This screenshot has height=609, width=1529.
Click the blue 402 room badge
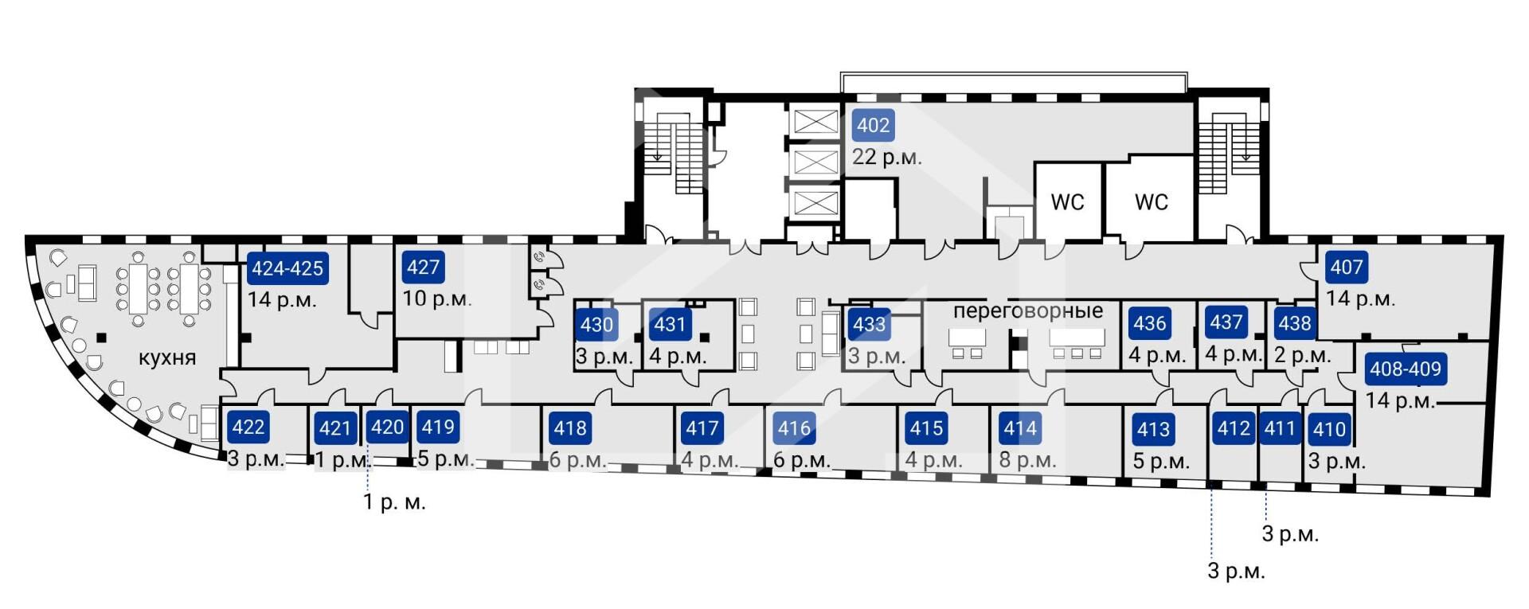[x=873, y=125]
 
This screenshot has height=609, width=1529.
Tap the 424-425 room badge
[x=287, y=268]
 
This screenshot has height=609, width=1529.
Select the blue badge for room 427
[x=423, y=267]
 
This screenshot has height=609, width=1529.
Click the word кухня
[x=167, y=357]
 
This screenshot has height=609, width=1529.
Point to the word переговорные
[x=1028, y=310]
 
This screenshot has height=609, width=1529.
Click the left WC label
[x=1067, y=202]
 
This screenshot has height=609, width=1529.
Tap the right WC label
[x=1152, y=202]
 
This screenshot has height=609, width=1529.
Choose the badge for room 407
[x=1347, y=267]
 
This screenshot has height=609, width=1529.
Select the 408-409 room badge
[x=1406, y=369]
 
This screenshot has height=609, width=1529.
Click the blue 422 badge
[x=248, y=427]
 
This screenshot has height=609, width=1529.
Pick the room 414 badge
[x=1020, y=428]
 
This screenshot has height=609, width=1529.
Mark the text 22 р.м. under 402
[x=887, y=157]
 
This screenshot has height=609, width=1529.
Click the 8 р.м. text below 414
[x=1028, y=460]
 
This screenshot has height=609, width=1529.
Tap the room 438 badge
[x=1295, y=323]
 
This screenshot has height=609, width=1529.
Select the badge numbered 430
[x=596, y=324]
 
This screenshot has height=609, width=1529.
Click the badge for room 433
[x=869, y=324]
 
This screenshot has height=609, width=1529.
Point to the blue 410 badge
[x=1329, y=429]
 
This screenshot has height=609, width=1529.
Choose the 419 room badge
[x=438, y=427]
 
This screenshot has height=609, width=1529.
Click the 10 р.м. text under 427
[x=437, y=299]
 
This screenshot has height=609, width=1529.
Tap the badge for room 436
[x=1150, y=323]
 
